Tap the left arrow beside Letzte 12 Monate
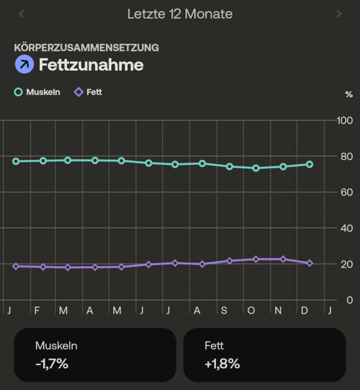click(x=21, y=14)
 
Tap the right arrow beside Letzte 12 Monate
click(x=339, y=14)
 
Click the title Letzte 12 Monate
click(x=180, y=14)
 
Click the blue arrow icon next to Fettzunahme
click(x=24, y=65)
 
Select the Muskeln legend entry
click(x=37, y=92)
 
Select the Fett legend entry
click(x=88, y=92)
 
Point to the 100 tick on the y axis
click(x=345, y=120)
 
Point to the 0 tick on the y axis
click(x=349, y=300)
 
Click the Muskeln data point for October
click(x=256, y=168)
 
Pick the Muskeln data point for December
click(x=310, y=164)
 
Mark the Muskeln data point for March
click(x=68, y=160)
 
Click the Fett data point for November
click(x=283, y=259)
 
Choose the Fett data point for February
click(x=43, y=267)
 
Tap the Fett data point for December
click(x=310, y=263)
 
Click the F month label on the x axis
click(x=37, y=310)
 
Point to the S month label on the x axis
click(x=224, y=310)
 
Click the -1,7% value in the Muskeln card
click(x=52, y=364)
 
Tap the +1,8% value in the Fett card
click(x=222, y=364)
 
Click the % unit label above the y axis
click(x=348, y=95)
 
